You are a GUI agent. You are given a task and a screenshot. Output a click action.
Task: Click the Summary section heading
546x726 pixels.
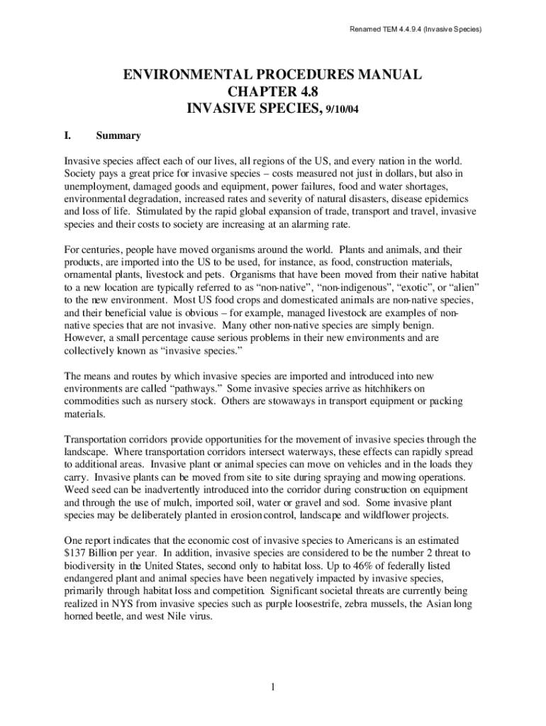pos(118,135)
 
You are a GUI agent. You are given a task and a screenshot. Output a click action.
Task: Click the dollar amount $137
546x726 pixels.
pos(76,552)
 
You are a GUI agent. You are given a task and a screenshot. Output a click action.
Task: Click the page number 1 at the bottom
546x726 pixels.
pos(272,687)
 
